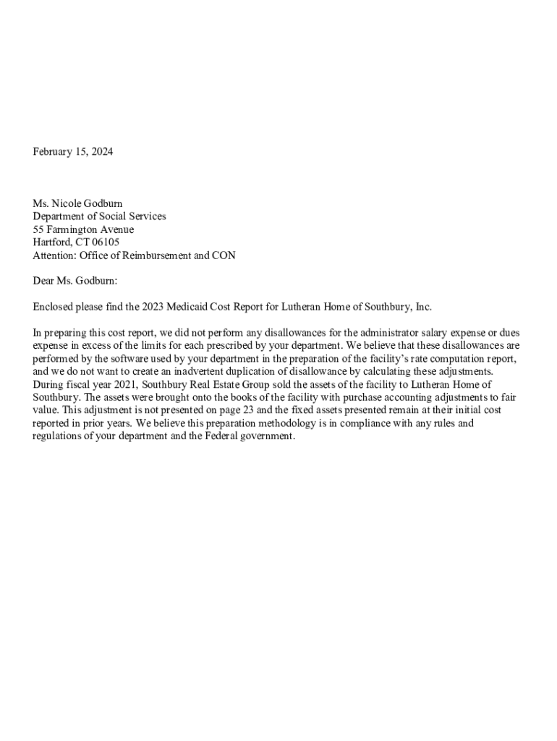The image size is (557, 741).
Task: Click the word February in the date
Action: point(53,152)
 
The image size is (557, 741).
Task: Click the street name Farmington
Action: point(72,229)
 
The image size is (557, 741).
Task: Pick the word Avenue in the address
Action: point(116,229)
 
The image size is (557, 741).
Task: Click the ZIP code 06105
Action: point(105,242)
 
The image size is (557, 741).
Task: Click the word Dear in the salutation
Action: point(43,281)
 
